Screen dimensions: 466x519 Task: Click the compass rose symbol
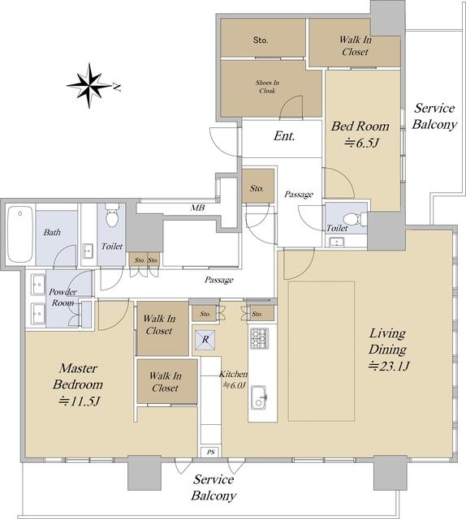tap(88, 85)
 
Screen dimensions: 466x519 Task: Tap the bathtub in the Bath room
tap(20, 234)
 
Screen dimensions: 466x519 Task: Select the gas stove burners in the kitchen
tap(259, 338)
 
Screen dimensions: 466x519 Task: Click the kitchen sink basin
tap(258, 397)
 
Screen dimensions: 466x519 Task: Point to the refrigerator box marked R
tap(205, 340)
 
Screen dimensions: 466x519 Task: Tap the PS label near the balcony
tap(211, 453)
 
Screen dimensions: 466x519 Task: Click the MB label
tap(197, 208)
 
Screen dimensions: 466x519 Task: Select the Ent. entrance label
tap(284, 136)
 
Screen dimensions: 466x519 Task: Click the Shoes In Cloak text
tap(267, 87)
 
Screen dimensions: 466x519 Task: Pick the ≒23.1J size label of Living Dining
tap(389, 366)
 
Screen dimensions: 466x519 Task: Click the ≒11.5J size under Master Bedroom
tap(79, 401)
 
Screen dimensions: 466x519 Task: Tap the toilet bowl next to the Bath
tap(112, 216)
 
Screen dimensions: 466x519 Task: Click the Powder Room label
tap(63, 298)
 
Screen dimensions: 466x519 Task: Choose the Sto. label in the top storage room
tap(261, 40)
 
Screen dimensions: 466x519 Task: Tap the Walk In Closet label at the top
tap(356, 45)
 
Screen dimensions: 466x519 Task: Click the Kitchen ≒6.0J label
tap(233, 380)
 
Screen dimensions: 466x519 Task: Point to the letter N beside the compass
tap(117, 87)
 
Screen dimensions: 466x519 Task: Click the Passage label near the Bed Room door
tap(299, 195)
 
